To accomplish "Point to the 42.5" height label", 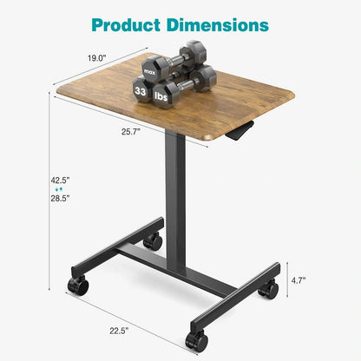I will [x=60, y=180].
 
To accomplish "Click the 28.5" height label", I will [x=60, y=199].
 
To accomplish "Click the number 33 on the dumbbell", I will [x=141, y=89].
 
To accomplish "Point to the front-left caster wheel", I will [x=79, y=286].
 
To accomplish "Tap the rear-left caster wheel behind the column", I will [x=153, y=240].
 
